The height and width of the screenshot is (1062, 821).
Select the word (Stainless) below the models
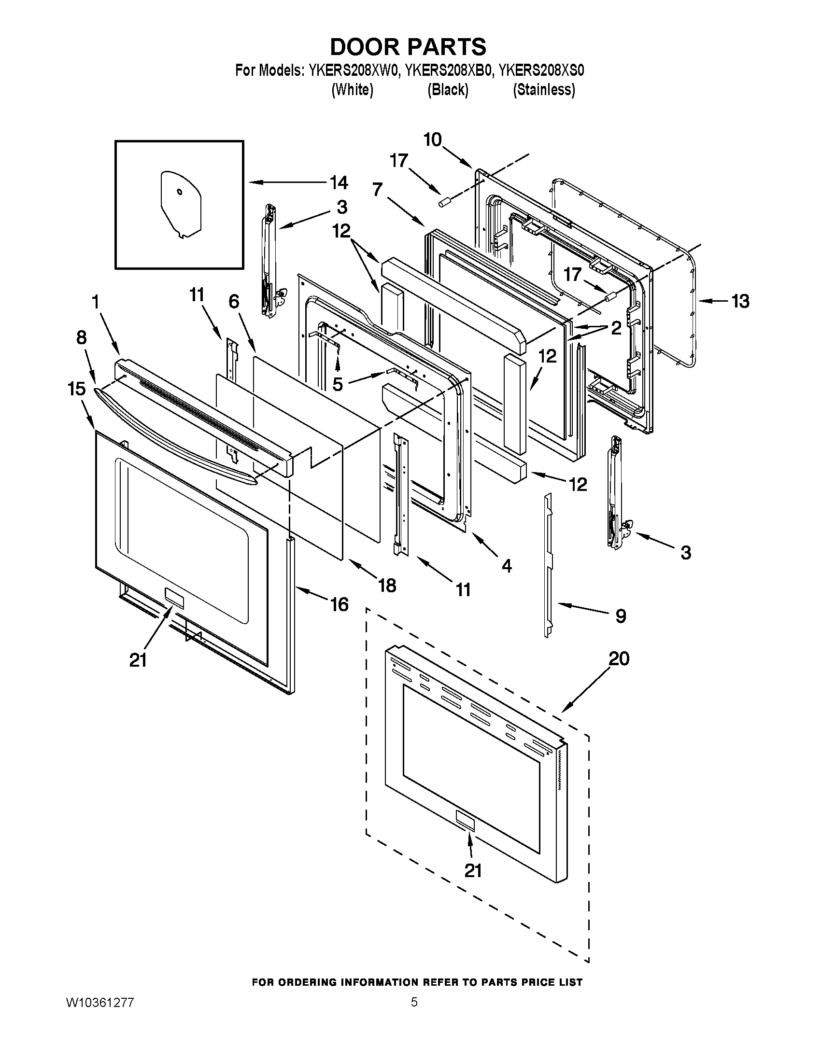[x=544, y=90]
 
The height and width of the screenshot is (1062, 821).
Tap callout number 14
[x=339, y=183]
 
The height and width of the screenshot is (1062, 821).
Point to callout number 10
[x=432, y=140]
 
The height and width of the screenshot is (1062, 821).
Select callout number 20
[x=619, y=659]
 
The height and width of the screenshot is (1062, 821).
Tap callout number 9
[x=621, y=616]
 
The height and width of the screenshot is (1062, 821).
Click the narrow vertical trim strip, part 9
[x=549, y=564]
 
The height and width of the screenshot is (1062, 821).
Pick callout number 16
[x=340, y=604]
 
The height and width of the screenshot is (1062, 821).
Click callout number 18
[x=387, y=586]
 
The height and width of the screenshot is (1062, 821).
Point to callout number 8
[x=81, y=337]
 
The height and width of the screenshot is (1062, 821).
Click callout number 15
[x=77, y=389]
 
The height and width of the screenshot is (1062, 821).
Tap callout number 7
[x=378, y=190]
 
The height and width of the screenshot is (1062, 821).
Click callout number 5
[x=337, y=384]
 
